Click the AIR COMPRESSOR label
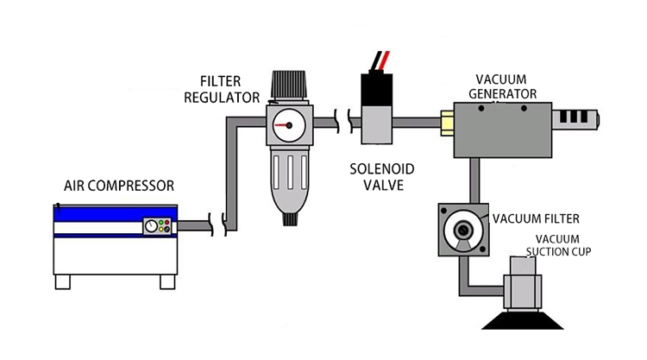(x=118, y=186)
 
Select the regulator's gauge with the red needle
(x=284, y=126)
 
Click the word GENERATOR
(x=505, y=93)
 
